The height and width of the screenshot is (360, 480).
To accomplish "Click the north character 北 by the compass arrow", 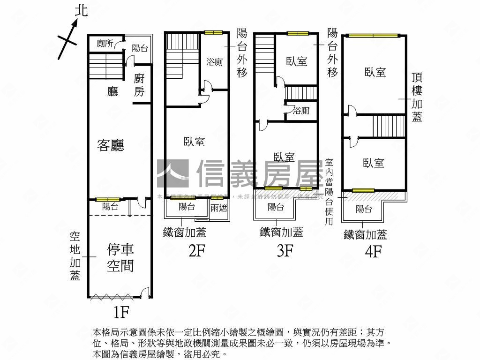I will [81, 12].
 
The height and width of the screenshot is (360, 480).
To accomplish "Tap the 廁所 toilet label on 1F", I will [105, 44].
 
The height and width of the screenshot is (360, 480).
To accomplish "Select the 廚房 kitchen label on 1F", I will [139, 85].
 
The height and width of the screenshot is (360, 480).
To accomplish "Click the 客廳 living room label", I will [111, 145].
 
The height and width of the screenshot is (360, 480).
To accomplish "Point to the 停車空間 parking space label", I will [120, 257].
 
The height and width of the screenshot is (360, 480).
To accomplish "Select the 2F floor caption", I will [197, 251].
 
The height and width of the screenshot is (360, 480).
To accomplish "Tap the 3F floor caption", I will [285, 251].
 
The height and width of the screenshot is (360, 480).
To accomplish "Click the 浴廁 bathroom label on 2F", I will [215, 62].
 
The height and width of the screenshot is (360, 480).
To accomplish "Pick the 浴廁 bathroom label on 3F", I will [301, 111].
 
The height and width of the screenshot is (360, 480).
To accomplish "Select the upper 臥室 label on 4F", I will [375, 72].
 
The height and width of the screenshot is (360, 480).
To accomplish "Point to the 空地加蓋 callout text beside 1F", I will [75, 256].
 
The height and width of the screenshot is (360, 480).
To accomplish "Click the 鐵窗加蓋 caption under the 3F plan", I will [281, 232].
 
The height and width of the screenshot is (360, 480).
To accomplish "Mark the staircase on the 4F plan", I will [388, 126].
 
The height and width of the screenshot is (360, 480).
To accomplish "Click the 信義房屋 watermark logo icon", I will [172, 173].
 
